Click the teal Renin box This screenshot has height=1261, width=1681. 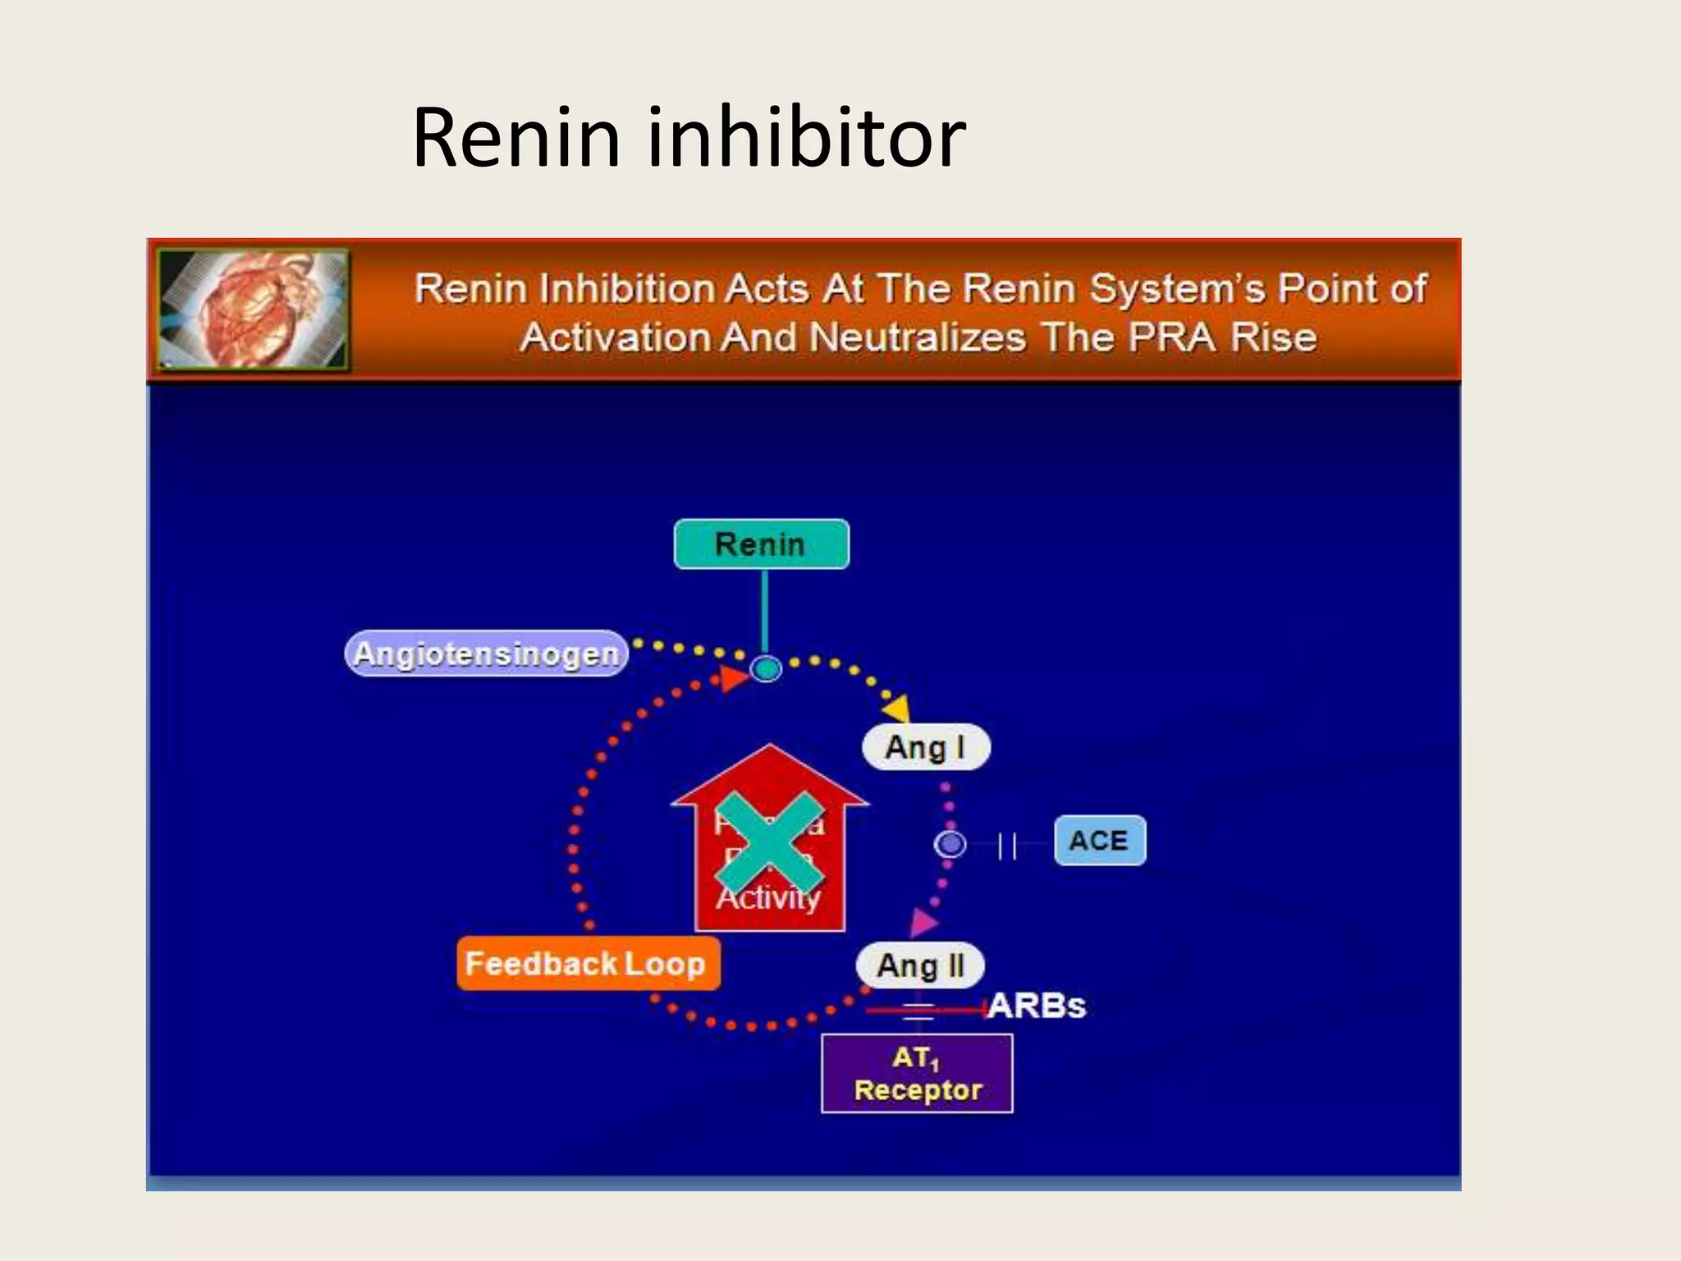tap(761, 544)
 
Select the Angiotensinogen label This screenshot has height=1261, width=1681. tap(487, 654)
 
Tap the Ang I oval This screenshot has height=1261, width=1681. tap(925, 747)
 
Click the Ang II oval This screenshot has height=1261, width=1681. tap(920, 965)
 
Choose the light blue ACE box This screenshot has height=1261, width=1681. tap(1099, 841)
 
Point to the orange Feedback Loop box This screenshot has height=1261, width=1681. tap(588, 963)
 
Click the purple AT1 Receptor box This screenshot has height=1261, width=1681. tap(917, 1074)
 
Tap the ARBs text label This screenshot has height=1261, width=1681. tap(1037, 1006)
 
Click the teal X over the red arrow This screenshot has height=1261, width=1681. tap(769, 843)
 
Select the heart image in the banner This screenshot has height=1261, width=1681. tap(253, 309)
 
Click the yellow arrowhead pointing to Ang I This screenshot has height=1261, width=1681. tap(896, 708)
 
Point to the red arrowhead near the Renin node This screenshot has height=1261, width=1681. tap(733, 678)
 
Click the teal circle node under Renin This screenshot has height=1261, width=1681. tap(767, 669)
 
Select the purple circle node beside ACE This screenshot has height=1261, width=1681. tap(950, 844)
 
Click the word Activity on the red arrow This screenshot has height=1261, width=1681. tap(768, 898)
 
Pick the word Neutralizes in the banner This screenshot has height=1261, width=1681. tap(918, 337)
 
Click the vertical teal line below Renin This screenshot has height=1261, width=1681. tap(765, 611)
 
